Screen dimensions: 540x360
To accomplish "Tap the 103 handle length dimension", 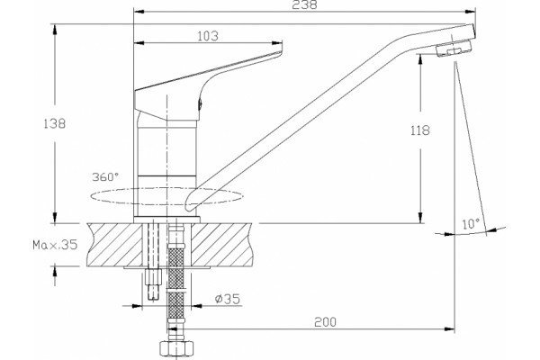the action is tap(208, 36).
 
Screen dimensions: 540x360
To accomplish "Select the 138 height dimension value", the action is tap(54, 123).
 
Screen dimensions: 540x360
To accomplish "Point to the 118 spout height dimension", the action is tap(420, 130).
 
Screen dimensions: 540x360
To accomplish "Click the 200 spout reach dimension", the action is tap(325, 322).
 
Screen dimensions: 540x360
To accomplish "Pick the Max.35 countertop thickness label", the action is tap(55, 245).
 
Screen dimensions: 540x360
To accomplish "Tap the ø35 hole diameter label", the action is tap(228, 299).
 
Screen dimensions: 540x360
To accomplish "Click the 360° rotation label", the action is tap(105, 177).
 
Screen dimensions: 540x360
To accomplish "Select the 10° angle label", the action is tap(471, 224).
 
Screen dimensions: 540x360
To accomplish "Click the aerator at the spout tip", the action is tap(454, 49).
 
